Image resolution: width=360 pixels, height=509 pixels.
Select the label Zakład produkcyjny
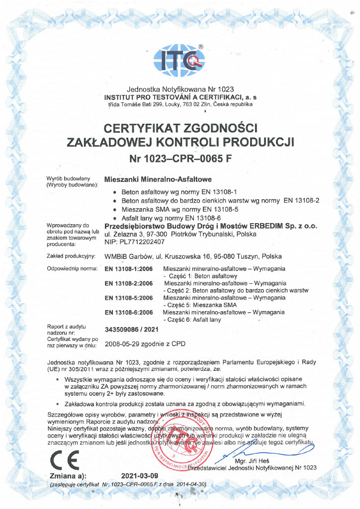click(x=70, y=256)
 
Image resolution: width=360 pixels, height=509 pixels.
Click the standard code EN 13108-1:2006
click(x=129, y=269)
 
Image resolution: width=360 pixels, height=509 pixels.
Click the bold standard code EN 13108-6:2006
click(x=129, y=312)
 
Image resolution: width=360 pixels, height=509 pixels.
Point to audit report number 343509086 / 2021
click(x=132, y=330)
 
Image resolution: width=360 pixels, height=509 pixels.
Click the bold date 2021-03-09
click(x=140, y=475)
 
